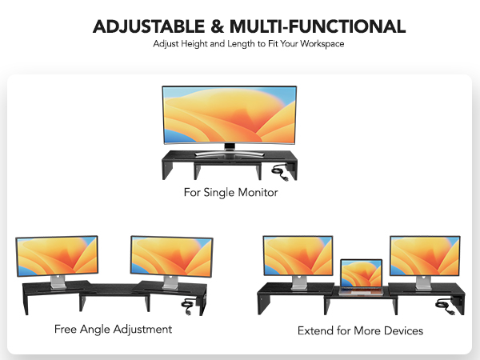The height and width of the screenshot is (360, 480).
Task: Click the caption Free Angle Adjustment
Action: pos(113,329)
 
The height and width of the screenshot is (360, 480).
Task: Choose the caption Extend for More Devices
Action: pos(360,330)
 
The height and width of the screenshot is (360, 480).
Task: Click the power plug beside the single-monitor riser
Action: pos(282,170)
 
